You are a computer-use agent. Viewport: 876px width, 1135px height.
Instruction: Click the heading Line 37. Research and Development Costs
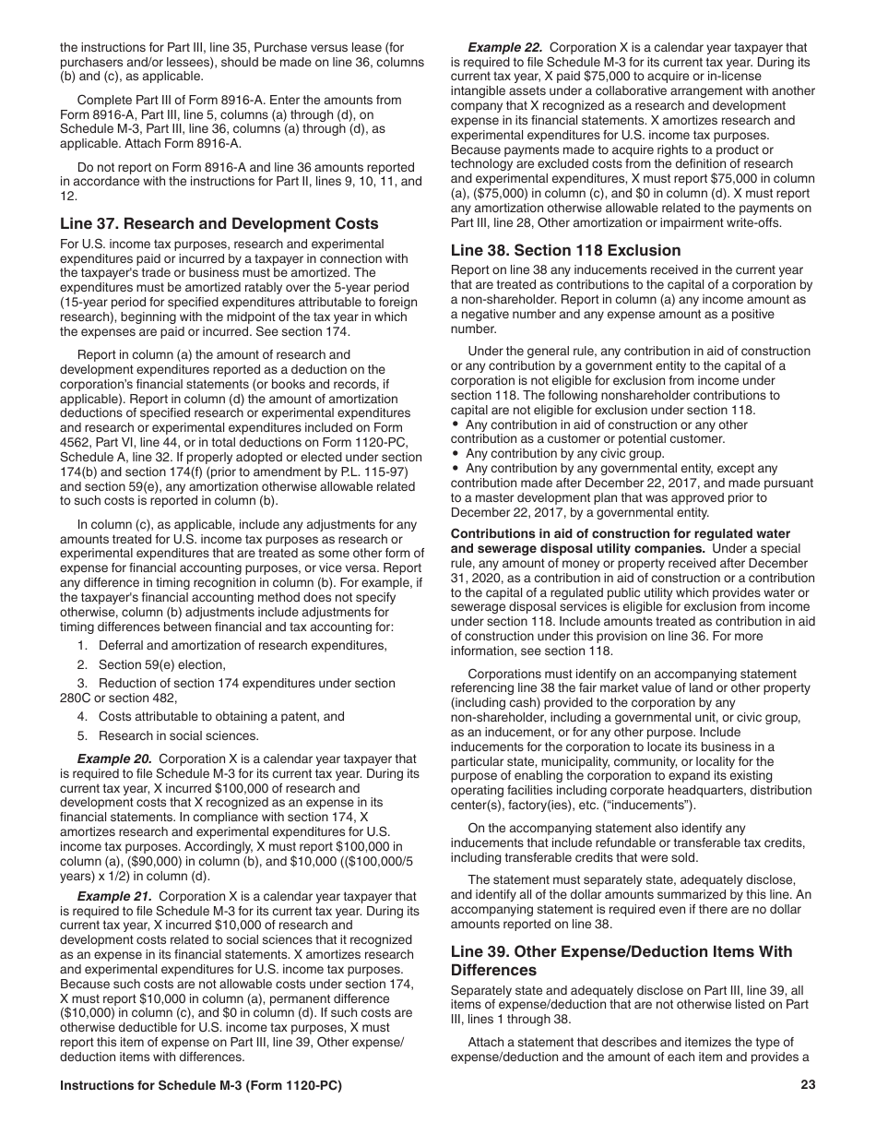(x=219, y=223)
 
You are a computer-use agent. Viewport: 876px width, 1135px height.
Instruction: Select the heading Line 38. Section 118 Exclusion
(x=565, y=250)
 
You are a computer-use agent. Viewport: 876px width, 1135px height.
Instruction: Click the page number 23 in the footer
(x=808, y=1085)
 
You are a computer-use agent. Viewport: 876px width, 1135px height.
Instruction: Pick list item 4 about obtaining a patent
(x=210, y=716)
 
